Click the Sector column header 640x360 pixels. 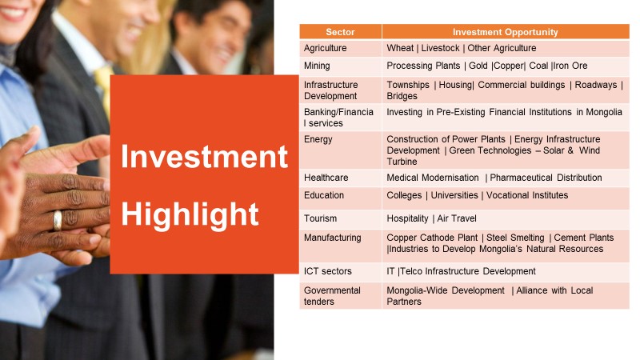340,32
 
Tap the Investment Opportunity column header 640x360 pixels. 505,32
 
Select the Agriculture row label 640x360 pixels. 325,48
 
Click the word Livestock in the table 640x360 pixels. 441,48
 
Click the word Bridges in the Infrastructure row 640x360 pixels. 402,96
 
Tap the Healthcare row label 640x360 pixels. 326,178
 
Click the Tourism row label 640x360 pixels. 320,218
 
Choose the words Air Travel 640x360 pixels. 457,218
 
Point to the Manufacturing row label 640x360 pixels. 332,238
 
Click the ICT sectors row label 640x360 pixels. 327,271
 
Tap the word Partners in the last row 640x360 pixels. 404,302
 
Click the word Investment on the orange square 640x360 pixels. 204,156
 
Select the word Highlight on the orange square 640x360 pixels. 190,214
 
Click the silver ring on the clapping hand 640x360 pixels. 58,221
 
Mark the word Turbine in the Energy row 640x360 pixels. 402,162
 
